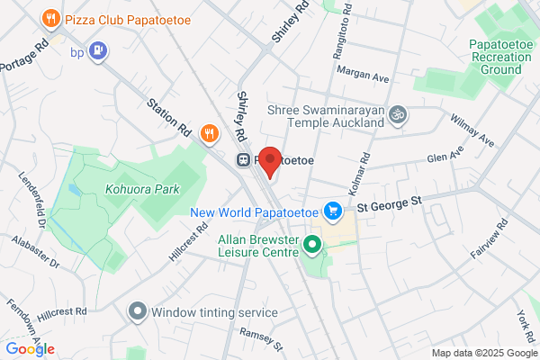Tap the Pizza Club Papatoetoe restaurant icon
51,17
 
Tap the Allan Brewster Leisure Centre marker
312,244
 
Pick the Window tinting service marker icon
137,311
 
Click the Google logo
30,349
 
